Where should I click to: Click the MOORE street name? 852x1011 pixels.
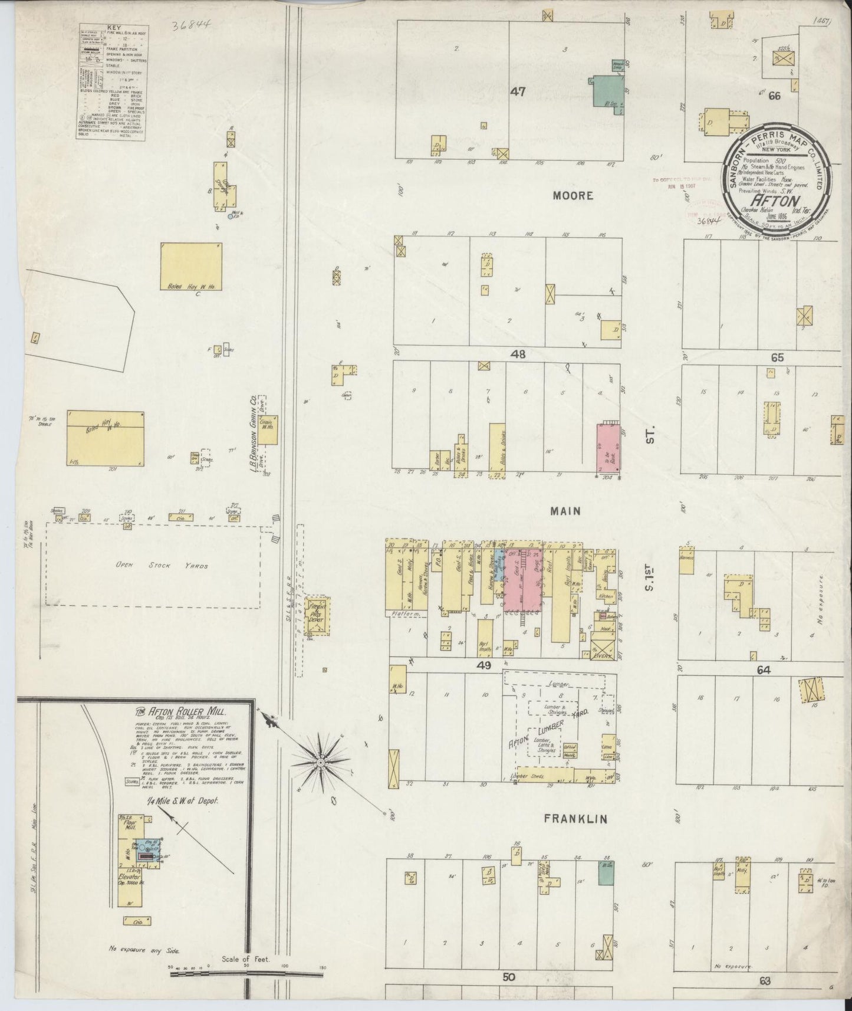click(x=573, y=195)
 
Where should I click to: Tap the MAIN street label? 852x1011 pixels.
click(x=565, y=511)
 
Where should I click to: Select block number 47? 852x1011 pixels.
click(x=518, y=91)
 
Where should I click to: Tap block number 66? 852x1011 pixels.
click(x=774, y=95)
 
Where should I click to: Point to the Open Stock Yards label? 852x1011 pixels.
click(x=153, y=566)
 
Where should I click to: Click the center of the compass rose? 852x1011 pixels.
click(x=320, y=762)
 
